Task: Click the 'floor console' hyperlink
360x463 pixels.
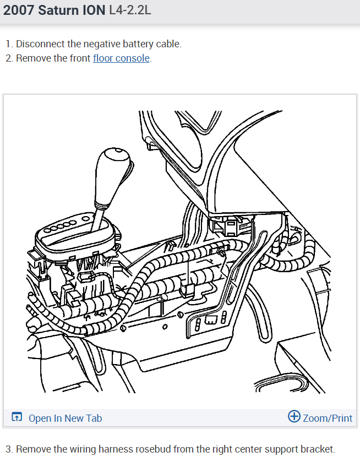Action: pos(121,58)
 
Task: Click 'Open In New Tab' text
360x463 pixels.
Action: pos(65,418)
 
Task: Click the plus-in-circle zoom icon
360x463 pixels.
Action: pos(294,417)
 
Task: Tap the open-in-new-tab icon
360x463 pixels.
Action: pos(17,417)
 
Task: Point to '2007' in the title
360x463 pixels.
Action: pos(19,11)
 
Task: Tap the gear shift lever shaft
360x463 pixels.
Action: pos(99,214)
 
